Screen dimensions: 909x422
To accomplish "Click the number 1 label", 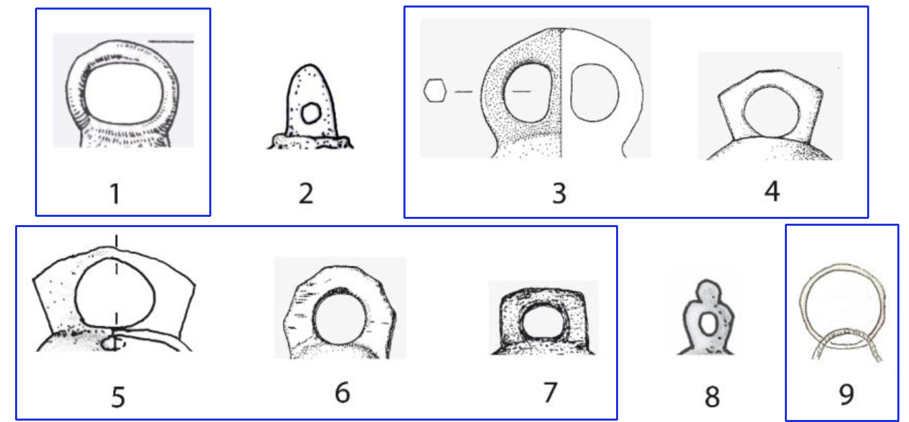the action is (116, 194).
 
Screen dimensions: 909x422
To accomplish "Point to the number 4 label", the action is (772, 191).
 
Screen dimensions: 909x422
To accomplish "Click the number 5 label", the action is (118, 397).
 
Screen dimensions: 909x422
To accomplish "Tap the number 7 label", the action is (550, 392).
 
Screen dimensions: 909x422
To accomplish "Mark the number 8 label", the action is (713, 397).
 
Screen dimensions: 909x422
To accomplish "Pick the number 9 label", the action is (847, 394).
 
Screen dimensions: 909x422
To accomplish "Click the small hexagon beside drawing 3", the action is (435, 91).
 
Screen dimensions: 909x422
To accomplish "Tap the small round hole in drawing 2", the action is (311, 113).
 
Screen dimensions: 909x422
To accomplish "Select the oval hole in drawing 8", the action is (709, 324).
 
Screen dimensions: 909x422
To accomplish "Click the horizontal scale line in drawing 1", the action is (171, 41).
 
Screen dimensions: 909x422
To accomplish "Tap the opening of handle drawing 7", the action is (543, 323).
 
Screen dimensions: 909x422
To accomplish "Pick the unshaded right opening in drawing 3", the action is (595, 93).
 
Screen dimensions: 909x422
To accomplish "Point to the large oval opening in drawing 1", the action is (123, 94).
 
